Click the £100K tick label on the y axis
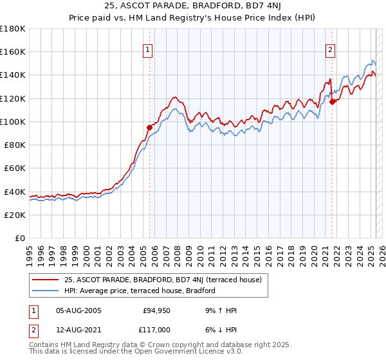[x=13, y=122]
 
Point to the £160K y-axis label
[x=13, y=51]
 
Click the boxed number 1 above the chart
[x=148, y=50]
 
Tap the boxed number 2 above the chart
[x=331, y=50]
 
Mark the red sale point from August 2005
[x=149, y=127]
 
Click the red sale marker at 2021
[x=332, y=102]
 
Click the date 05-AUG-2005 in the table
[x=78, y=310]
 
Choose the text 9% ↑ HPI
[x=218, y=310]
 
